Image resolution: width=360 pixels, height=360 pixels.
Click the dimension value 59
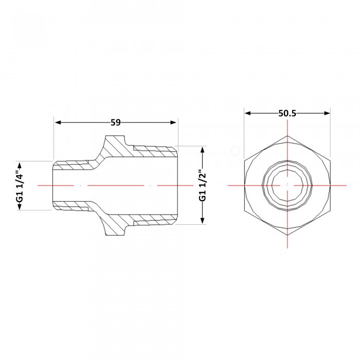(x=116, y=122)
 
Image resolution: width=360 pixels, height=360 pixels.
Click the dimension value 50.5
(x=287, y=113)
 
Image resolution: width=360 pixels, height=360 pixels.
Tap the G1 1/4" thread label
(x=20, y=186)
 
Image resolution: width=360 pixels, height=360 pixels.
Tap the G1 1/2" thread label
(x=203, y=186)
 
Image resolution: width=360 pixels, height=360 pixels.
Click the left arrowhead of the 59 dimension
(x=58, y=122)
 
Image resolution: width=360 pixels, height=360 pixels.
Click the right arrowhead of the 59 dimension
(x=173, y=122)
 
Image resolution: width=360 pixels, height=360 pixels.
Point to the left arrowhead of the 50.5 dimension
(x=248, y=113)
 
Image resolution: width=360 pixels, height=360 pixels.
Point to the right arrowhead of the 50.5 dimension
(x=327, y=113)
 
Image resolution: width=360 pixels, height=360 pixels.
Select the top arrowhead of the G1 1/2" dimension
(x=202, y=150)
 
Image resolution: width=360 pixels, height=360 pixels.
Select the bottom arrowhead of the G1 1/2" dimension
(x=202, y=221)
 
